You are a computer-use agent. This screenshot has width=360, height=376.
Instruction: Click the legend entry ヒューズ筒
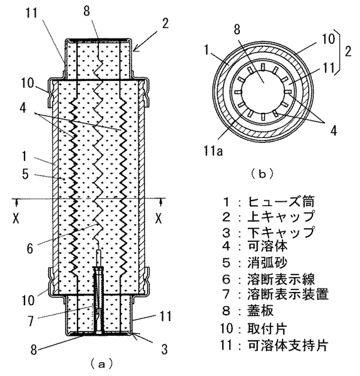point(280,202)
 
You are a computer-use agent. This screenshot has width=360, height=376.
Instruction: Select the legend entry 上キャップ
point(280,217)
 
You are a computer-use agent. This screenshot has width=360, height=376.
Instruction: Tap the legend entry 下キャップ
point(280,232)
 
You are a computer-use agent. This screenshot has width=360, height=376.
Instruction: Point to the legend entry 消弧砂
point(267,263)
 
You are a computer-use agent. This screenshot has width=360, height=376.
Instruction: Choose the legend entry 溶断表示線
point(280,279)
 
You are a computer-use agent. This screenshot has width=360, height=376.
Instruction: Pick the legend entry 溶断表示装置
point(287,294)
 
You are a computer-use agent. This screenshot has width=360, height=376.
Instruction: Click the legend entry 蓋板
point(260,311)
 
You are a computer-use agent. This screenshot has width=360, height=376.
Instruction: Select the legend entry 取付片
point(267,328)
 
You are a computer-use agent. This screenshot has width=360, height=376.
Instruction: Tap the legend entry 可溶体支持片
point(287,345)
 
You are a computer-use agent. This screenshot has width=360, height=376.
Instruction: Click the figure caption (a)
point(101,364)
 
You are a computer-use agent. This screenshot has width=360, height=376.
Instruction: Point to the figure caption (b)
point(262,174)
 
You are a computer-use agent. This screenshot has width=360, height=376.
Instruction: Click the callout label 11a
point(213,151)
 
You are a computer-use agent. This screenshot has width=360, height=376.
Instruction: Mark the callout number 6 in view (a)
point(29,248)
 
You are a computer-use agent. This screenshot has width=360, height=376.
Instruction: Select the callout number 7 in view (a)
point(31,321)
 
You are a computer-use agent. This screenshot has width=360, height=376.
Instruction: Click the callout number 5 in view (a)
point(26,174)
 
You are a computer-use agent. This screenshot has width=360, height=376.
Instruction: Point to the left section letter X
point(16,218)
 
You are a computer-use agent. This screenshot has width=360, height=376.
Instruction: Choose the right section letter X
point(158,218)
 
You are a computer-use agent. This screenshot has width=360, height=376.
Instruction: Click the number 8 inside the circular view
point(237,30)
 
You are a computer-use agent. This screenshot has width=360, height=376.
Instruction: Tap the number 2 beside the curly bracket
point(348,51)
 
